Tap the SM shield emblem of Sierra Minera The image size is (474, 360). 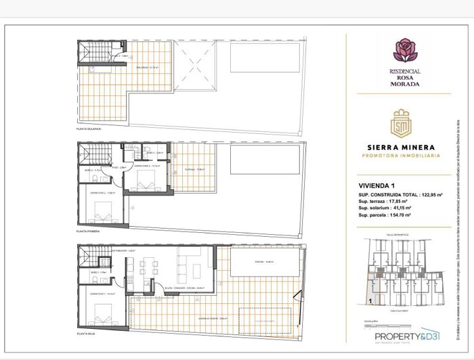pyautogui.click(x=405, y=127)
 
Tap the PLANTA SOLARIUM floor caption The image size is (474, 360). pyautogui.click(x=89, y=128)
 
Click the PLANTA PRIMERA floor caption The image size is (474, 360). pyautogui.click(x=88, y=231)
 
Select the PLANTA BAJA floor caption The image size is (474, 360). pyautogui.click(x=86, y=334)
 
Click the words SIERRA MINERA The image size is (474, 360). pyautogui.click(x=405, y=146)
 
